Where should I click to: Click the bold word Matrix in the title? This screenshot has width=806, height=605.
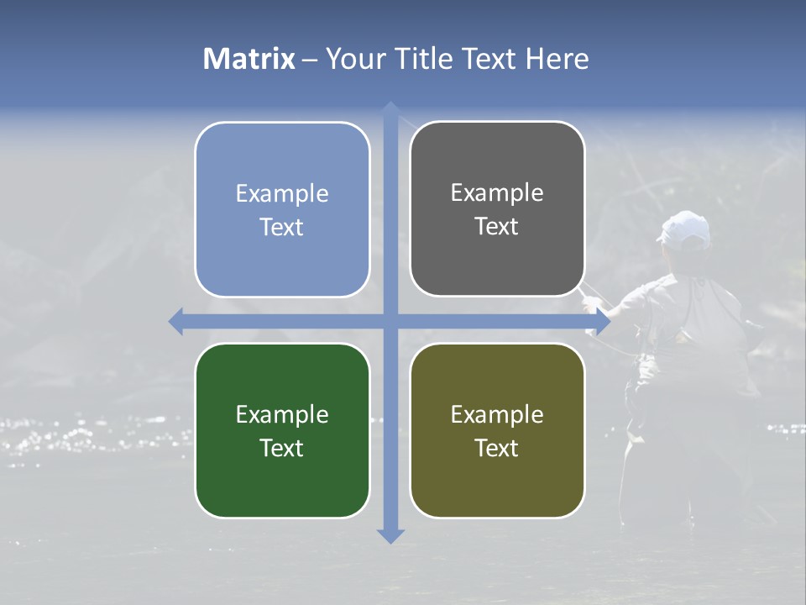click(249, 59)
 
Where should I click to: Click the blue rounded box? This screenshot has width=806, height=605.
click(282, 209)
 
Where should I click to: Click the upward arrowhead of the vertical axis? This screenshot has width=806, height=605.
click(390, 109)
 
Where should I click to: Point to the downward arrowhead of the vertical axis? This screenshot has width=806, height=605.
click(390, 535)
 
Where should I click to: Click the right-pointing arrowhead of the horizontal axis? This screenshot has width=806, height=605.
click(602, 321)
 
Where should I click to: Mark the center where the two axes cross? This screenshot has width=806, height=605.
click(390, 321)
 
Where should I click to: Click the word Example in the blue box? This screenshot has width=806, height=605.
click(282, 194)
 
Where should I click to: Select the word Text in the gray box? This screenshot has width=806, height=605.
click(497, 227)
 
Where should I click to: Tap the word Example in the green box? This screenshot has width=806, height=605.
click(282, 415)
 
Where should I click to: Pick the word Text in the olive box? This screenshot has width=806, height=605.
click(497, 449)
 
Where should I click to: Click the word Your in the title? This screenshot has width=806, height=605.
click(354, 59)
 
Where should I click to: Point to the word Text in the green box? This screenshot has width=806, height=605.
click(282, 449)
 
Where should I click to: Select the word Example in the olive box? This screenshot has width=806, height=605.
click(497, 415)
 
